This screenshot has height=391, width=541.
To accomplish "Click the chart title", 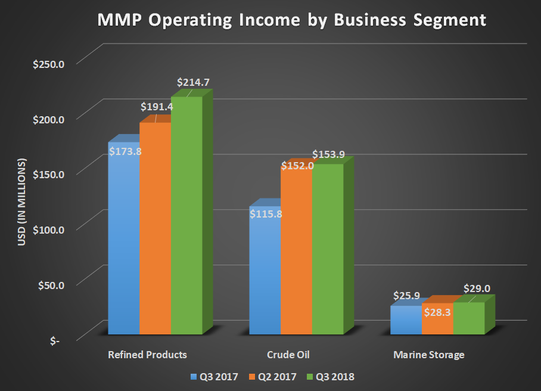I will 292,20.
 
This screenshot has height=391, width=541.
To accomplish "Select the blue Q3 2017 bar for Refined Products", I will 123,238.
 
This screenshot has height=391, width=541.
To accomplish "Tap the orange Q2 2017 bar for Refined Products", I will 155,226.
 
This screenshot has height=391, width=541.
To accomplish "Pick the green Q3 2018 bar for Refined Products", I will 186,215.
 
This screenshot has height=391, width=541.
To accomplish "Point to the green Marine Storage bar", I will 469,318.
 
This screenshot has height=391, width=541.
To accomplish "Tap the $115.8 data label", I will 266,213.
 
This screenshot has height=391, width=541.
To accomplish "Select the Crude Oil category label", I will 288,355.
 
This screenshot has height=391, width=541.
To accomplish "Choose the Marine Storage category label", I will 428,355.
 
